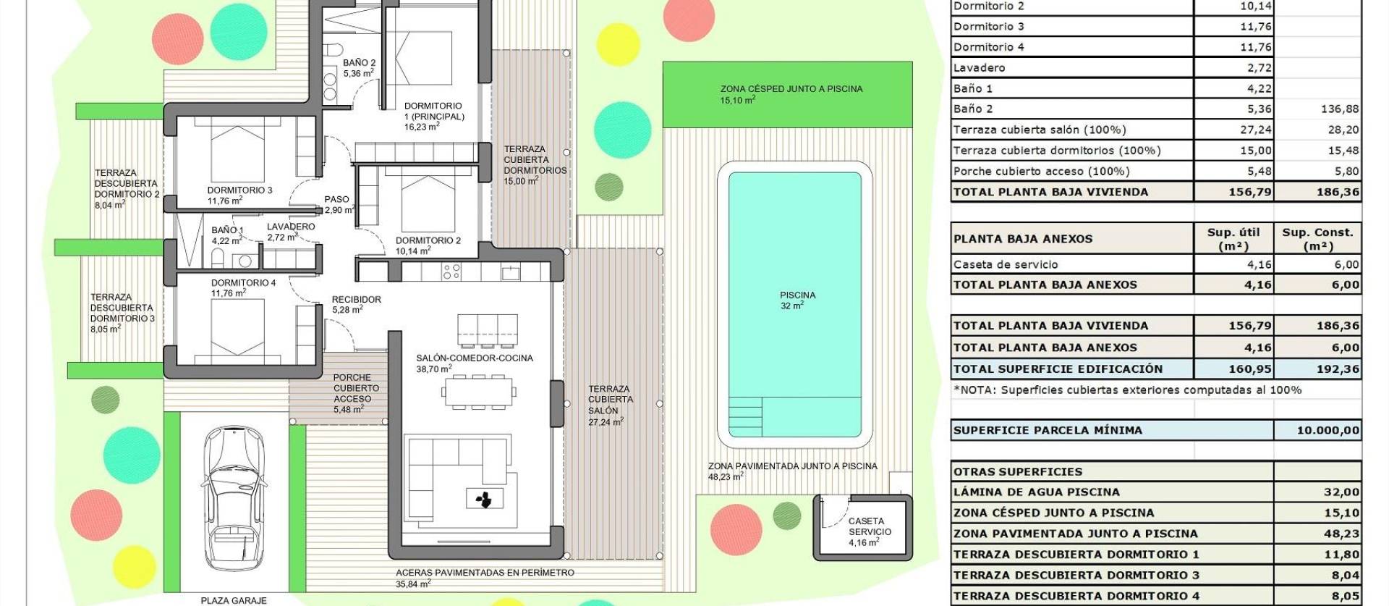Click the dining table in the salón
coord(478,392)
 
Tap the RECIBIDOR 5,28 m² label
coord(355,304)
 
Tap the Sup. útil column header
coord(1233,238)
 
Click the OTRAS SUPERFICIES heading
coord(1017,471)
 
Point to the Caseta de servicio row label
coord(1005,264)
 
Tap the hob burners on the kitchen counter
coord(451,272)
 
